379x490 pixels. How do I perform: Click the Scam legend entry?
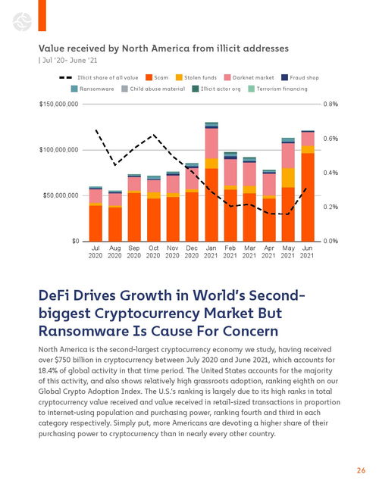[x=157, y=77]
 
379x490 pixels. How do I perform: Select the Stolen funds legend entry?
[x=196, y=77]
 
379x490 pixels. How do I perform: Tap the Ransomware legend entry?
[x=92, y=89]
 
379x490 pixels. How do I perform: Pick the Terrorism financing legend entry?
[x=277, y=89]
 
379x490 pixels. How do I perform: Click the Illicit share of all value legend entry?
[x=99, y=77]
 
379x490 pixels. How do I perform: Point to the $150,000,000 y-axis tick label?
[x=59, y=104]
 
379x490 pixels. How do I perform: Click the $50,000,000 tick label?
[x=61, y=195]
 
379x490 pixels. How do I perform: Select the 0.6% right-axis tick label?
[x=330, y=139]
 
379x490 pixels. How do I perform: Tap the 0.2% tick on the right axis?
[x=330, y=207]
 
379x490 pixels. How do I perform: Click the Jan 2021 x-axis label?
[x=211, y=251]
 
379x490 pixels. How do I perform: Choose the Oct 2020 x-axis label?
[x=153, y=251]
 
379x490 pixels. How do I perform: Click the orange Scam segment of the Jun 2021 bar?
[x=308, y=197]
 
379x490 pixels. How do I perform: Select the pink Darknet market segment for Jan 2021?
[x=211, y=144]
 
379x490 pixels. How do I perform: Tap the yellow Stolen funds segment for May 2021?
[x=288, y=178]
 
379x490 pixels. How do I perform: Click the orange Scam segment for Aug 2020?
[x=115, y=224]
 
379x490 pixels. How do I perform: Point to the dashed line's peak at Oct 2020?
[x=153, y=135]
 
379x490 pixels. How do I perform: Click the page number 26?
[x=361, y=470]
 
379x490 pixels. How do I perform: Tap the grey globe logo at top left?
[x=22, y=21]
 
